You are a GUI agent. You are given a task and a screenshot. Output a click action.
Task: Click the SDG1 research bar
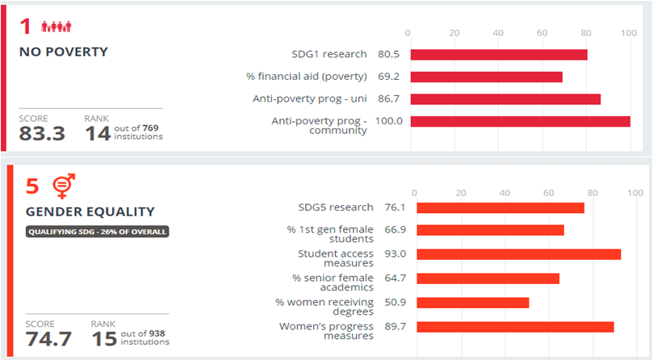[x=499, y=55]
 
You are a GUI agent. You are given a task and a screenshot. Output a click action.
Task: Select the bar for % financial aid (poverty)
[x=487, y=77]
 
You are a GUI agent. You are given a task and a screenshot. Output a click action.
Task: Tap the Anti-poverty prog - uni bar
[x=505, y=99]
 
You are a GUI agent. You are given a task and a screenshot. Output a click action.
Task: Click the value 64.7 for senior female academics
[x=396, y=278]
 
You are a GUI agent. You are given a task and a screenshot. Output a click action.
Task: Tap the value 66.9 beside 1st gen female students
[x=396, y=230]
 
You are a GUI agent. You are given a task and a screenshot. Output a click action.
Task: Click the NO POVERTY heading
[x=63, y=52]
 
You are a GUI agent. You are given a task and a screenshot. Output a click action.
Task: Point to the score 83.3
[x=42, y=134]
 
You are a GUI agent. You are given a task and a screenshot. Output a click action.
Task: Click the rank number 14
[x=98, y=134]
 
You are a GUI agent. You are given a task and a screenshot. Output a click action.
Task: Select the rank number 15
[x=104, y=339]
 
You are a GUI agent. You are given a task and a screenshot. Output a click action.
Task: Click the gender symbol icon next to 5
[x=62, y=187]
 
